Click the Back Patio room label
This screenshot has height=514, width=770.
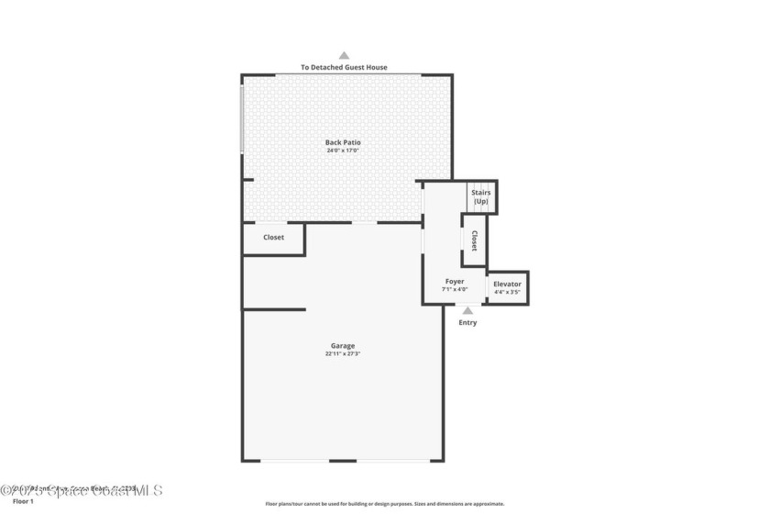click(343, 142)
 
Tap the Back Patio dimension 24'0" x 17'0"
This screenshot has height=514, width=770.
click(343, 151)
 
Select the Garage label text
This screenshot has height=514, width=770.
click(343, 346)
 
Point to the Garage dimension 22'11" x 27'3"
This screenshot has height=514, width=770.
click(343, 354)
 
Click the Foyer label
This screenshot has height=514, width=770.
click(455, 282)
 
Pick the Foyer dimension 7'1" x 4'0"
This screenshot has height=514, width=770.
click(455, 290)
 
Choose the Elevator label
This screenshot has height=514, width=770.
click(507, 285)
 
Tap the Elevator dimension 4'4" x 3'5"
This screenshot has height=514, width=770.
click(507, 293)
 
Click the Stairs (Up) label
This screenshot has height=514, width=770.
click(481, 196)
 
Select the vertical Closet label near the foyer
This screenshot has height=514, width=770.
click(474, 240)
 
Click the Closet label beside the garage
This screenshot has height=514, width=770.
click(273, 238)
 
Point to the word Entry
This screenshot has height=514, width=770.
click(467, 323)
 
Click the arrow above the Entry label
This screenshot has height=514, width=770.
click(467, 311)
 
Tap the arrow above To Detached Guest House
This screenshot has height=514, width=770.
click(344, 55)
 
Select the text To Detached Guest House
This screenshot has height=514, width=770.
click(344, 67)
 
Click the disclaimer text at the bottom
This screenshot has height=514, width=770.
click(385, 504)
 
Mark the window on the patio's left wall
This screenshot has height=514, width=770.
click(242, 119)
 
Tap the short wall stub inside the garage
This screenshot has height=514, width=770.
click(274, 309)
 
